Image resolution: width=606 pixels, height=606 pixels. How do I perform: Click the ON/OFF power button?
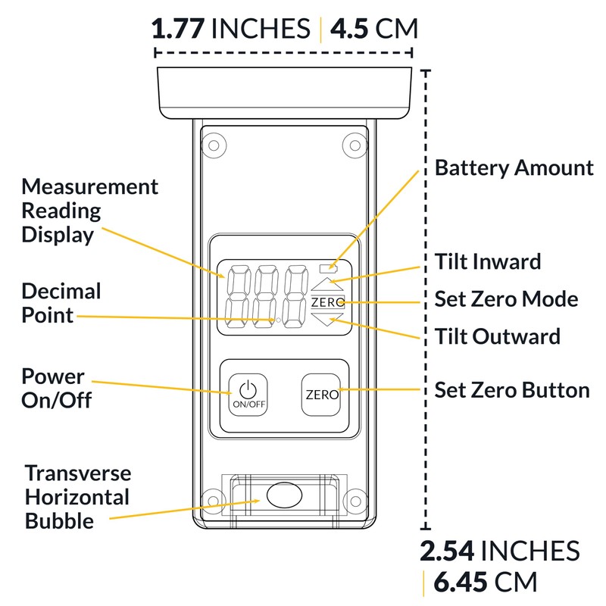click(248, 395)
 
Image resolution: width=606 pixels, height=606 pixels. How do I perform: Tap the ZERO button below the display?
click(321, 395)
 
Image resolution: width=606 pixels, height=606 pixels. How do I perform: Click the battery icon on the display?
click(328, 267)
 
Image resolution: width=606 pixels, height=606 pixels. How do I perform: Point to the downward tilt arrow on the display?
click(327, 319)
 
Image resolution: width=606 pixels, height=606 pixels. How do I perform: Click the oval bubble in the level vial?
click(285, 495)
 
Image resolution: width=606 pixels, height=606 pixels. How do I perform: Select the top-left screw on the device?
click(214, 145)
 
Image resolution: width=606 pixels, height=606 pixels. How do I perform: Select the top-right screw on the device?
click(355, 145)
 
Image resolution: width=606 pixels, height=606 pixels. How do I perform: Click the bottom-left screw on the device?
click(214, 501)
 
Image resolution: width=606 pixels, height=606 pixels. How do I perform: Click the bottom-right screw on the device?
click(355, 501)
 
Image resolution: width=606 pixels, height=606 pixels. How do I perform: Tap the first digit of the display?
click(238, 296)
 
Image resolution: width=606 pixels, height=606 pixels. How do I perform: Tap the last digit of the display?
click(295, 296)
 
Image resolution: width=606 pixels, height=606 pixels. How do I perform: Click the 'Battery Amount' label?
click(514, 168)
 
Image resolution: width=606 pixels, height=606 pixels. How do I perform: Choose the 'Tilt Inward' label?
click(488, 261)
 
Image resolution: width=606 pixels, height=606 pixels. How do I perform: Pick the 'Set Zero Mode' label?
click(506, 298)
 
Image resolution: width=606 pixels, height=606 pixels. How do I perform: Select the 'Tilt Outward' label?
click(498, 336)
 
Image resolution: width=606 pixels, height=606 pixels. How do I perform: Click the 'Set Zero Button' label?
click(512, 390)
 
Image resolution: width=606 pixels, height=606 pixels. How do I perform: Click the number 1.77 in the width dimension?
click(178, 29)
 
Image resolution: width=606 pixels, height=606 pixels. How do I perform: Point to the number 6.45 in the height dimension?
click(460, 582)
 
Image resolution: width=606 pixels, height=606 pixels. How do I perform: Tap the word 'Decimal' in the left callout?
click(61, 291)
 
